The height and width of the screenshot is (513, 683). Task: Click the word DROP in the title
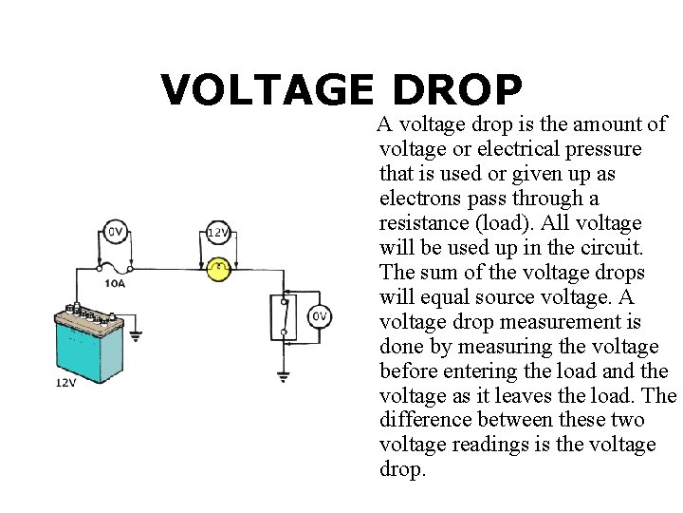[x=455, y=90]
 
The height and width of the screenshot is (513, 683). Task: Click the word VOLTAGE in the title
[x=268, y=90]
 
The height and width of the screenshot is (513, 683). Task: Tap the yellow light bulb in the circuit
[x=219, y=269]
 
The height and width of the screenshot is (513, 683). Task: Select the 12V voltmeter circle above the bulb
[x=217, y=233]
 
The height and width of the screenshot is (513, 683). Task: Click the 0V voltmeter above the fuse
[x=116, y=231]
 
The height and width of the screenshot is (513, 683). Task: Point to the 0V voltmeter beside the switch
[x=320, y=316]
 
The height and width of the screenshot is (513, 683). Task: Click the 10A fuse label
[x=116, y=283]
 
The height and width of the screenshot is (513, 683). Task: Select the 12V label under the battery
[x=65, y=384]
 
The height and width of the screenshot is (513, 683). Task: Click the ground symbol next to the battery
[x=135, y=333]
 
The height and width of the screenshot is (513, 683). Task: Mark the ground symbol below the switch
[x=283, y=376]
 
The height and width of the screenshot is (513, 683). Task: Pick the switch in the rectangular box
[x=283, y=316]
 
